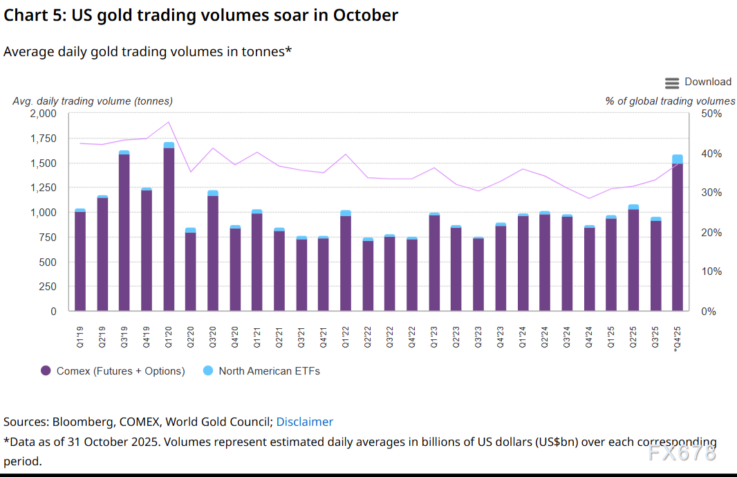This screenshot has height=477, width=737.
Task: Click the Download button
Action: pos(698,82)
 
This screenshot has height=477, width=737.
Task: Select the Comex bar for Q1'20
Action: pos(169,228)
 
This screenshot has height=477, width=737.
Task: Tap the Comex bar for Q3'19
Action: pos(124,232)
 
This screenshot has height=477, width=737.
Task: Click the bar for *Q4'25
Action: pos(678,235)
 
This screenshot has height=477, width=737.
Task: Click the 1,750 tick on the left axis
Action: pos(43,138)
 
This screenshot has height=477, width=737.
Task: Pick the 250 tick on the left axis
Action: pos(47,287)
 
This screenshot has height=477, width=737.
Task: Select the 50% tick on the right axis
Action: pos(711,114)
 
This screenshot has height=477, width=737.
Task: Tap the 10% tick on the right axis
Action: pos(711,272)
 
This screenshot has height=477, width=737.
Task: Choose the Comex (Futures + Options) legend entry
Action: pos(113,371)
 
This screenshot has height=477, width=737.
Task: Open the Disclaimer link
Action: pos(304,422)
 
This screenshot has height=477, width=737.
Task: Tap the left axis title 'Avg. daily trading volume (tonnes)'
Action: pos(93,101)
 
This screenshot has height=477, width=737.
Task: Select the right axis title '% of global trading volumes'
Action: pos(670,101)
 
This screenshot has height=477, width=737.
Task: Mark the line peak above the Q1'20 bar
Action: pos(169,122)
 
